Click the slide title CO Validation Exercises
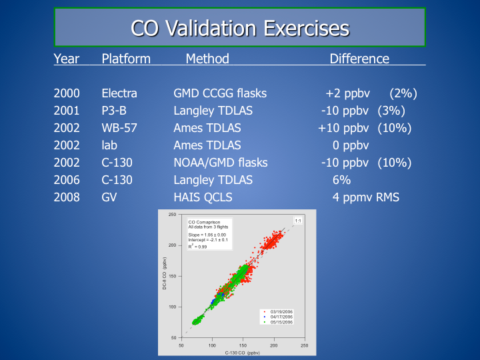(x=240, y=28)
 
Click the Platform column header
(x=126, y=59)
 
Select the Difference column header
(x=359, y=59)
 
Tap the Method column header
(x=207, y=59)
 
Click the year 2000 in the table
(x=67, y=93)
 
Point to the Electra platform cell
(x=119, y=93)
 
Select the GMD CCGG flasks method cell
(x=220, y=93)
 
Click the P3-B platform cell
(x=114, y=111)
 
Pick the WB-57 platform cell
(x=119, y=128)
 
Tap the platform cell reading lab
(x=109, y=145)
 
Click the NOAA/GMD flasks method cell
(x=221, y=163)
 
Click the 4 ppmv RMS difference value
(x=366, y=197)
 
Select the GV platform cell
(x=109, y=197)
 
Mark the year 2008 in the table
(x=67, y=197)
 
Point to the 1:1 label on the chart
(x=298, y=220)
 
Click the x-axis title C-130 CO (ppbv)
(x=242, y=352)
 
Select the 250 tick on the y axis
(x=172, y=215)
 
